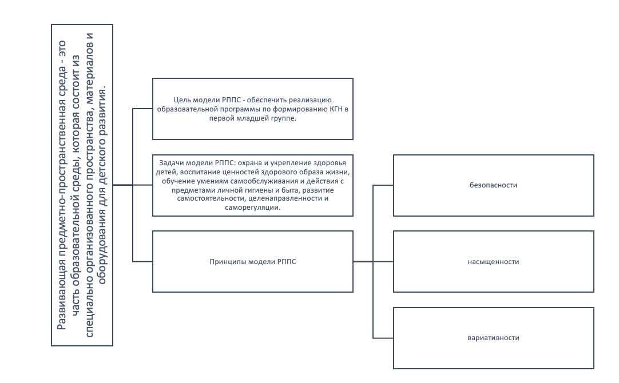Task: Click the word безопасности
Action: click(493, 185)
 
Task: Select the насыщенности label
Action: click(493, 261)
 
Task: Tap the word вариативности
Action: click(493, 338)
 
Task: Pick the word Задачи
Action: click(171, 163)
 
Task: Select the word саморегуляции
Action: click(253, 208)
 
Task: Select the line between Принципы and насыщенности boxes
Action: click(373, 261)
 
